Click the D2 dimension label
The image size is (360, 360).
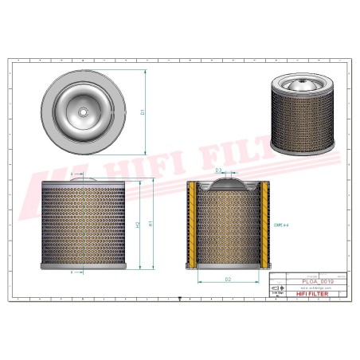pyautogui.click(x=227, y=279)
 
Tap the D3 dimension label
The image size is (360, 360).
pyautogui.click(x=218, y=170)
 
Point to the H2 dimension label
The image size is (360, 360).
pyautogui.click(x=139, y=225)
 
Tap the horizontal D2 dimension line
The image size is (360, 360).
pyautogui.click(x=228, y=284)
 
